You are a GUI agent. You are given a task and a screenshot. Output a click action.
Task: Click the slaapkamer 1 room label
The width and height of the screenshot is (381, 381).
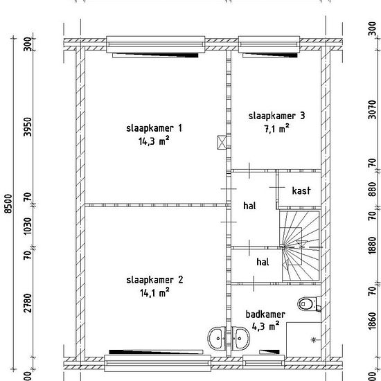coord(154,128)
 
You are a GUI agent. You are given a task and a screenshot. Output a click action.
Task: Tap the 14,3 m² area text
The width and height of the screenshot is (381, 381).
coord(154,141)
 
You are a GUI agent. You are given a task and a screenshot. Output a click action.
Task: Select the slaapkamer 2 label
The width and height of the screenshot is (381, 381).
coord(154,280)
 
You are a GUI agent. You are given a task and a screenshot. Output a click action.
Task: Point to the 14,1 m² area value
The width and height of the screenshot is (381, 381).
coord(154,293)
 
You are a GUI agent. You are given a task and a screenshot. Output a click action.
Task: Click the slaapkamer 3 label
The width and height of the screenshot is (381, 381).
coord(276,116)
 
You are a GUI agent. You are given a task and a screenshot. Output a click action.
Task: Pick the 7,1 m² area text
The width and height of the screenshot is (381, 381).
coord(277,129)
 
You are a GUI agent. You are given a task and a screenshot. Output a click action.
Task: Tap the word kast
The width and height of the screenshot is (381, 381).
coord(301,190)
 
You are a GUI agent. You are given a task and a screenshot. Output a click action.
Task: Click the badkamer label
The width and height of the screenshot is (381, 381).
coord(265,314)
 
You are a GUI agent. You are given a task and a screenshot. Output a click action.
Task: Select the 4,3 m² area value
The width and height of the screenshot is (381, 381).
coord(265,326)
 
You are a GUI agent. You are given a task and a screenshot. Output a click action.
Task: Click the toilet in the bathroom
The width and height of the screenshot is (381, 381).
coord(309,303)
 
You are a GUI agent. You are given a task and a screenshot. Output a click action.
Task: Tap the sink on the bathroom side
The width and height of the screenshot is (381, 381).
coord(240,339)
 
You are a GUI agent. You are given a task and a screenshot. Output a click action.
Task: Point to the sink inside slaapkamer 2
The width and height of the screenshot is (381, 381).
coord(217,339)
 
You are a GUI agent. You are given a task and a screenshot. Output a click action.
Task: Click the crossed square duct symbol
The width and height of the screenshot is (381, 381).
coord(222,142)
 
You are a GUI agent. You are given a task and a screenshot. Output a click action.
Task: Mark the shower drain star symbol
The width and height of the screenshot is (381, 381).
coord(313,339)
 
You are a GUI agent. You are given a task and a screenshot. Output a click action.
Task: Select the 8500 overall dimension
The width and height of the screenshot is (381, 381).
coord(8,204)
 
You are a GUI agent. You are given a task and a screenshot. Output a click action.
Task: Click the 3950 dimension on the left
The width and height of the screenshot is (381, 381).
coord(28,127)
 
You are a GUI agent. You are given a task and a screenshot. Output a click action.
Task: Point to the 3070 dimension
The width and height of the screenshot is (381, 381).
coord(372,109)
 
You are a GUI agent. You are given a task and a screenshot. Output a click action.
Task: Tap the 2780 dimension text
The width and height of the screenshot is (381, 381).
coord(28,303)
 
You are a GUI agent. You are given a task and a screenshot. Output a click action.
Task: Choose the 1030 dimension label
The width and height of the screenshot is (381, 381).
coord(28,227)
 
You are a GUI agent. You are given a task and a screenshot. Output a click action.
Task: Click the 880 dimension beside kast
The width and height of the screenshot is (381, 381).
coord(372,189)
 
